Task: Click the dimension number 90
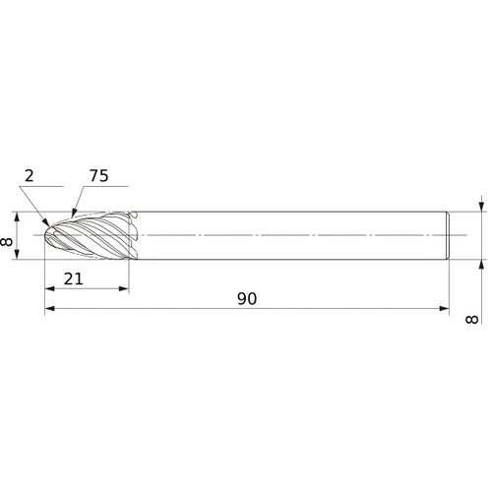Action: (246, 298)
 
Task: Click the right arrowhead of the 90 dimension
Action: (441, 309)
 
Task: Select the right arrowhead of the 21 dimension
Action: (124, 289)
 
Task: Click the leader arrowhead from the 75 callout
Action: (72, 214)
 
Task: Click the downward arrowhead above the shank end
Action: (481, 208)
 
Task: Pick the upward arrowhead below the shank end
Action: (481, 264)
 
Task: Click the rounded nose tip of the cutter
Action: (48, 236)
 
